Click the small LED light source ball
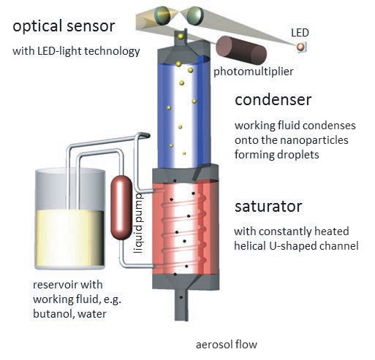[300, 47]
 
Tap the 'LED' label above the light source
[300, 33]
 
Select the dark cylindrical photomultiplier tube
[241, 50]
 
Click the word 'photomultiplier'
[254, 72]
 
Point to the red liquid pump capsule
[121, 207]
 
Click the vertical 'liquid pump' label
[139, 223]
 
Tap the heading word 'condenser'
[273, 100]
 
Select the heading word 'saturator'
[268, 207]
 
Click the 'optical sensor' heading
[64, 26]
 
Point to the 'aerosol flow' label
[227, 345]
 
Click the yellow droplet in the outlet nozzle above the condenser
[181, 37]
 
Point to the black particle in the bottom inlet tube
[181, 297]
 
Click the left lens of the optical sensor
[162, 15]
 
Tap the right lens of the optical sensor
[195, 16]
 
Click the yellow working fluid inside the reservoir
[70, 238]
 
